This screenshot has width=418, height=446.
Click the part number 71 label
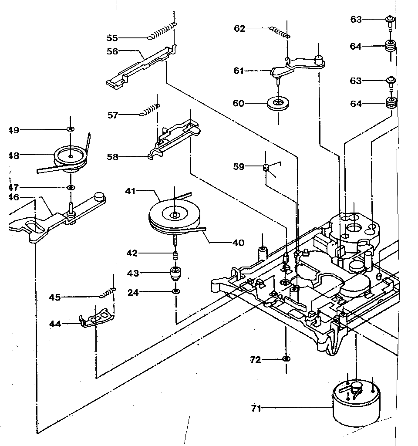click(256, 408)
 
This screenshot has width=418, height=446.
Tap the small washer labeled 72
click(286, 359)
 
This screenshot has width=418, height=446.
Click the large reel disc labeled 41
click(174, 216)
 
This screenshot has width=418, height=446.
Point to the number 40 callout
click(239, 243)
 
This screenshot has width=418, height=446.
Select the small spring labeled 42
click(175, 255)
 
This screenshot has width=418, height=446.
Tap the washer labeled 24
click(175, 291)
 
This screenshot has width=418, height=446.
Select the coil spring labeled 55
click(162, 31)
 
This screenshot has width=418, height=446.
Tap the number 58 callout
click(112, 157)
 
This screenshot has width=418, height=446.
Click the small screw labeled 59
click(267, 168)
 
